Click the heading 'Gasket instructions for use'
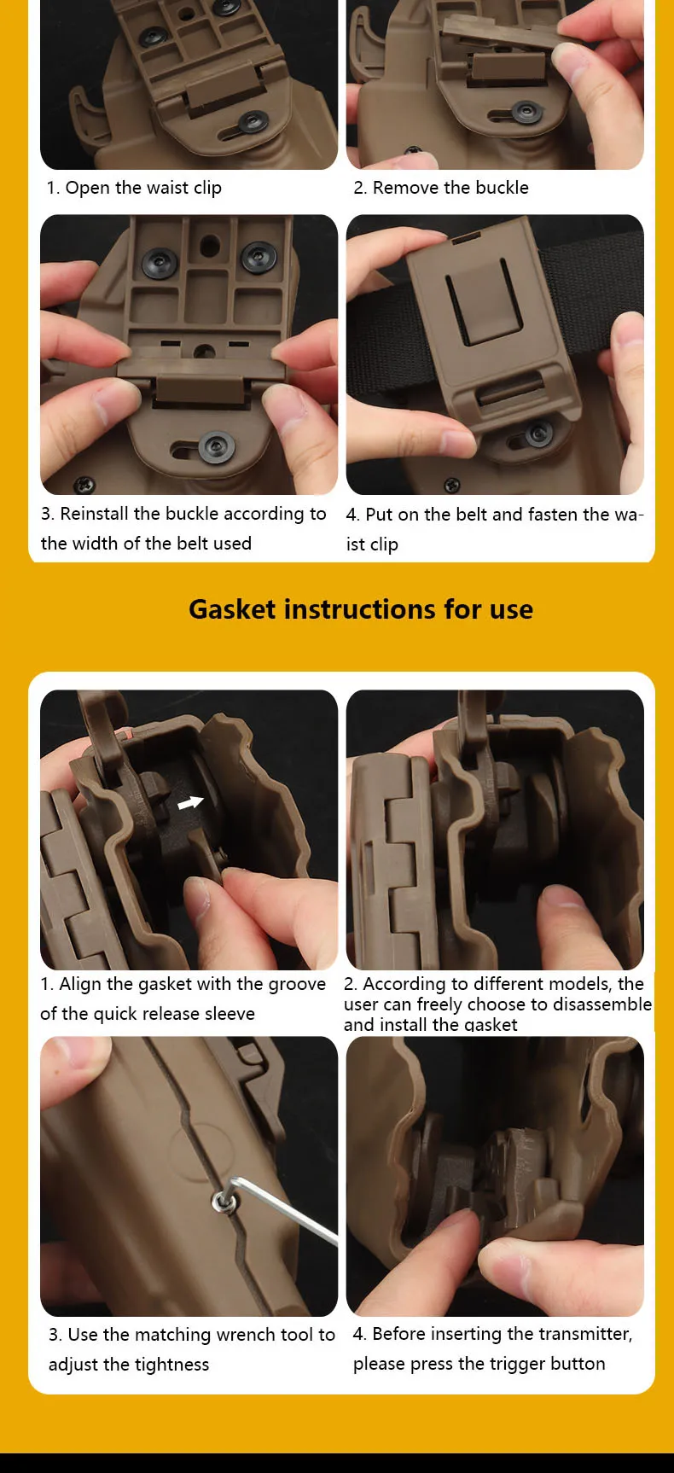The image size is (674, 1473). pyautogui.click(x=361, y=609)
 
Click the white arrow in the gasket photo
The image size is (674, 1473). pyautogui.click(x=190, y=802)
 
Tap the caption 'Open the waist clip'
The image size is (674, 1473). pyautogui.click(x=143, y=188)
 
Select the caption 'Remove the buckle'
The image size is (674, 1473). pyautogui.click(x=450, y=188)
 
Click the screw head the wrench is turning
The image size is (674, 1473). pyautogui.click(x=224, y=1202)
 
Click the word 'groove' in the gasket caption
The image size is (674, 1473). pyautogui.click(x=297, y=985)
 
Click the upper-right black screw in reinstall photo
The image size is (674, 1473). pyautogui.click(x=257, y=255)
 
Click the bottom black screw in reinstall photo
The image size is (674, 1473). pyautogui.click(x=216, y=446)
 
